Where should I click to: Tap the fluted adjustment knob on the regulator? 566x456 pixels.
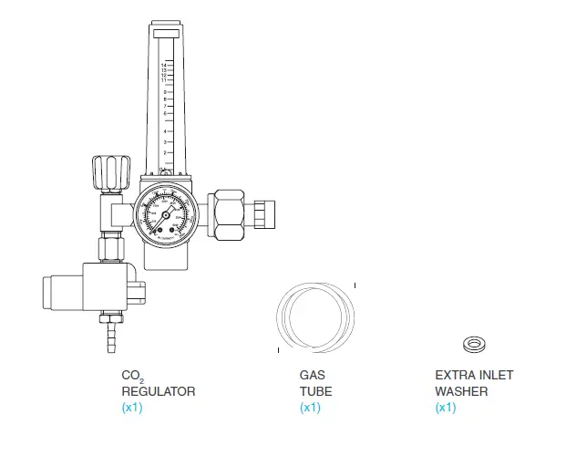pyautogui.click(x=109, y=172)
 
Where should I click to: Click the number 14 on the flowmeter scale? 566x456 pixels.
pyautogui.click(x=162, y=66)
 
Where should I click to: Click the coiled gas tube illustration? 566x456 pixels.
pyautogui.click(x=315, y=316)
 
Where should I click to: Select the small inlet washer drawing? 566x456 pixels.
pyautogui.click(x=474, y=344)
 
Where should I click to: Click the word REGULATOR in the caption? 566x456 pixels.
pyautogui.click(x=158, y=391)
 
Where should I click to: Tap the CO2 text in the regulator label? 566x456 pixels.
pyautogui.click(x=133, y=376)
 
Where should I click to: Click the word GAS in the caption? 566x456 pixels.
pyautogui.click(x=312, y=375)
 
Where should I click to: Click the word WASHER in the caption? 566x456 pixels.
pyautogui.click(x=460, y=391)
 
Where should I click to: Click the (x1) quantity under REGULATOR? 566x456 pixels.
pyautogui.click(x=132, y=408)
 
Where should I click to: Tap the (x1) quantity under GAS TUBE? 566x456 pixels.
pyautogui.click(x=310, y=408)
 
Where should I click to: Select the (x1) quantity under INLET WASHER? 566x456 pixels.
pyautogui.click(x=445, y=408)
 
